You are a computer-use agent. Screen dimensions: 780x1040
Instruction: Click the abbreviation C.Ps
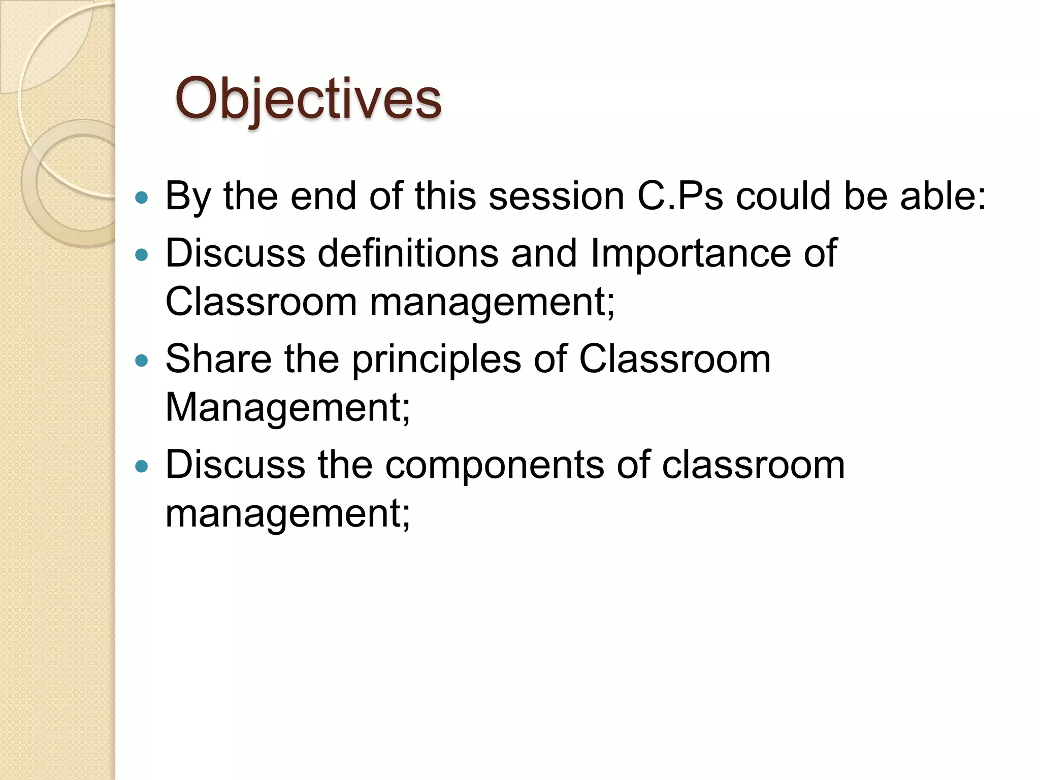pos(680,196)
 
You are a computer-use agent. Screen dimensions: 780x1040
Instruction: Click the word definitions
pos(408,253)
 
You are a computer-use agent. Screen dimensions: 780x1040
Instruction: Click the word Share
pos(218,359)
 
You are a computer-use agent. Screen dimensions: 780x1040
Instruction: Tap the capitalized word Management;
pos(287,408)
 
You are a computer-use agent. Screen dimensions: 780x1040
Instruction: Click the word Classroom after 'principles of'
pos(674,359)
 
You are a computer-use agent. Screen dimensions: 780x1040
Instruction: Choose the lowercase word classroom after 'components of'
pos(753,465)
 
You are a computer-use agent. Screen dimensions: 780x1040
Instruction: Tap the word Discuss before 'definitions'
pos(235,253)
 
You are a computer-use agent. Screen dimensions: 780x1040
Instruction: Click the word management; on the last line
pos(287,514)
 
